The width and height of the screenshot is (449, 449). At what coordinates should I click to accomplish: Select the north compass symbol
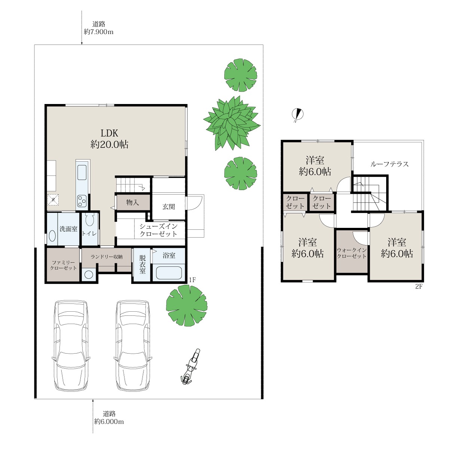click(x=297, y=114)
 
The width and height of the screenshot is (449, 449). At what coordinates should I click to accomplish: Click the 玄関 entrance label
click(x=168, y=207)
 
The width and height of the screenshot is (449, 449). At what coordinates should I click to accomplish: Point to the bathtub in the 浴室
click(x=169, y=273)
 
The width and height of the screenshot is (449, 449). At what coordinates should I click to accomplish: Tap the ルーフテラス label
click(x=390, y=164)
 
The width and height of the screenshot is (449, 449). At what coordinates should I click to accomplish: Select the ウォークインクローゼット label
click(x=352, y=253)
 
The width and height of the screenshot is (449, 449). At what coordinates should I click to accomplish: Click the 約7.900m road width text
click(x=98, y=32)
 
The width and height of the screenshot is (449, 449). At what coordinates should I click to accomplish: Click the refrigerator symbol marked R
click(x=53, y=200)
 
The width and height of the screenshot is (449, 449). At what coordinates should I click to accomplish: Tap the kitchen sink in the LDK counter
click(x=82, y=172)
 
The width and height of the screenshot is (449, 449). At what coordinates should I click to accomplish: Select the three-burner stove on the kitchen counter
click(x=82, y=201)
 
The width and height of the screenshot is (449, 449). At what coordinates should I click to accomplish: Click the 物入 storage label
click(x=132, y=202)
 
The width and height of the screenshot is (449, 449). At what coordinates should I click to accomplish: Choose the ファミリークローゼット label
click(x=63, y=265)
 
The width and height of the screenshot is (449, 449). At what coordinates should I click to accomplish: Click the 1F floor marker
click(x=192, y=280)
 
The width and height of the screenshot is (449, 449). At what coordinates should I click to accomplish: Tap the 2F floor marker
click(x=419, y=286)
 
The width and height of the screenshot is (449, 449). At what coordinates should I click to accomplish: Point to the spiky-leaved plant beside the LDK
click(x=232, y=123)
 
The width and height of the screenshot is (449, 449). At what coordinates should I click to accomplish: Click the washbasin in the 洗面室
click(x=52, y=236)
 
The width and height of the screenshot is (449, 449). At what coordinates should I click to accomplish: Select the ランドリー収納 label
click(x=107, y=257)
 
